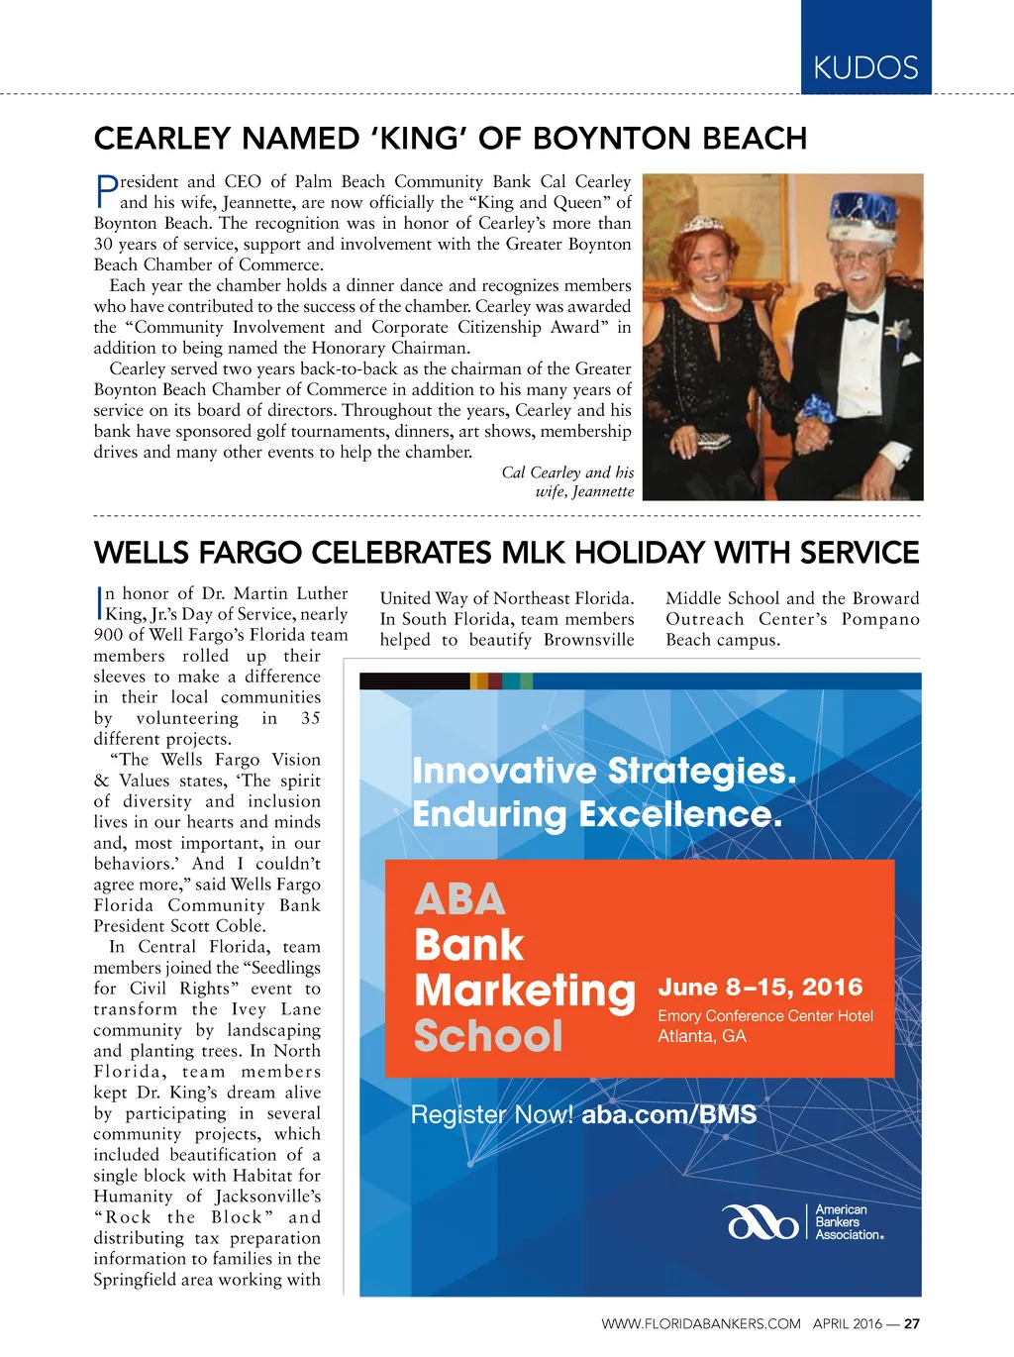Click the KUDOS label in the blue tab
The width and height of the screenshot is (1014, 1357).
pyautogui.click(x=865, y=68)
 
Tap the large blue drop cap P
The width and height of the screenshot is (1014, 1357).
pyautogui.click(x=106, y=191)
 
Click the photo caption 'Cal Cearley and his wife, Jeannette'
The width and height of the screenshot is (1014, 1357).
pyautogui.click(x=568, y=482)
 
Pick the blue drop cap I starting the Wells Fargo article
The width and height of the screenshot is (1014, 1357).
pyautogui.click(x=99, y=602)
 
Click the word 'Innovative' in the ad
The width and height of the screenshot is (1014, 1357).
pyautogui.click(x=504, y=771)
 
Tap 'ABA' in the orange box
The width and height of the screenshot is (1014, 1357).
pyautogui.click(x=459, y=899)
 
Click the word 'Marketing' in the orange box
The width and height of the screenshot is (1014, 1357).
pyautogui.click(x=525, y=991)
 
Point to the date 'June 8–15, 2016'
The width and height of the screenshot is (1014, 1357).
pyautogui.click(x=760, y=987)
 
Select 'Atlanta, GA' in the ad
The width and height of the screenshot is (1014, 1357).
pyautogui.click(x=702, y=1036)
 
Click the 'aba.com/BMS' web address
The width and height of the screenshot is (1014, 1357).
pyautogui.click(x=669, y=1114)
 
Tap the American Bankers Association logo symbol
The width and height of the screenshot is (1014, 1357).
pyautogui.click(x=760, y=1222)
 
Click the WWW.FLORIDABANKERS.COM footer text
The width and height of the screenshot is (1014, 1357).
pyautogui.click(x=700, y=1323)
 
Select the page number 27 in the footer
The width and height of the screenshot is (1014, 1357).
pyautogui.click(x=912, y=1323)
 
